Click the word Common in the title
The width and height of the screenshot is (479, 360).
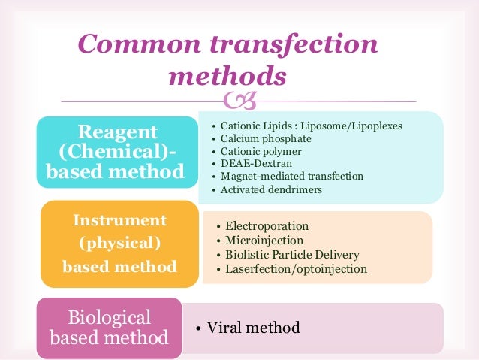pos(133,44)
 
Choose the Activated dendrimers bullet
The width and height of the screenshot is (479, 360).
pos(271,189)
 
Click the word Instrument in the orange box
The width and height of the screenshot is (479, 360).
pos(119,221)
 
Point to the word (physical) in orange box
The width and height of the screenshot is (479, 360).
pos(120,244)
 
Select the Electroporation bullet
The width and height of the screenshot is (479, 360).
pos(267,226)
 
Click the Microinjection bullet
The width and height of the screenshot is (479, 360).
pos(263,241)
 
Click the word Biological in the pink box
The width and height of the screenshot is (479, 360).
pos(110,316)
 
